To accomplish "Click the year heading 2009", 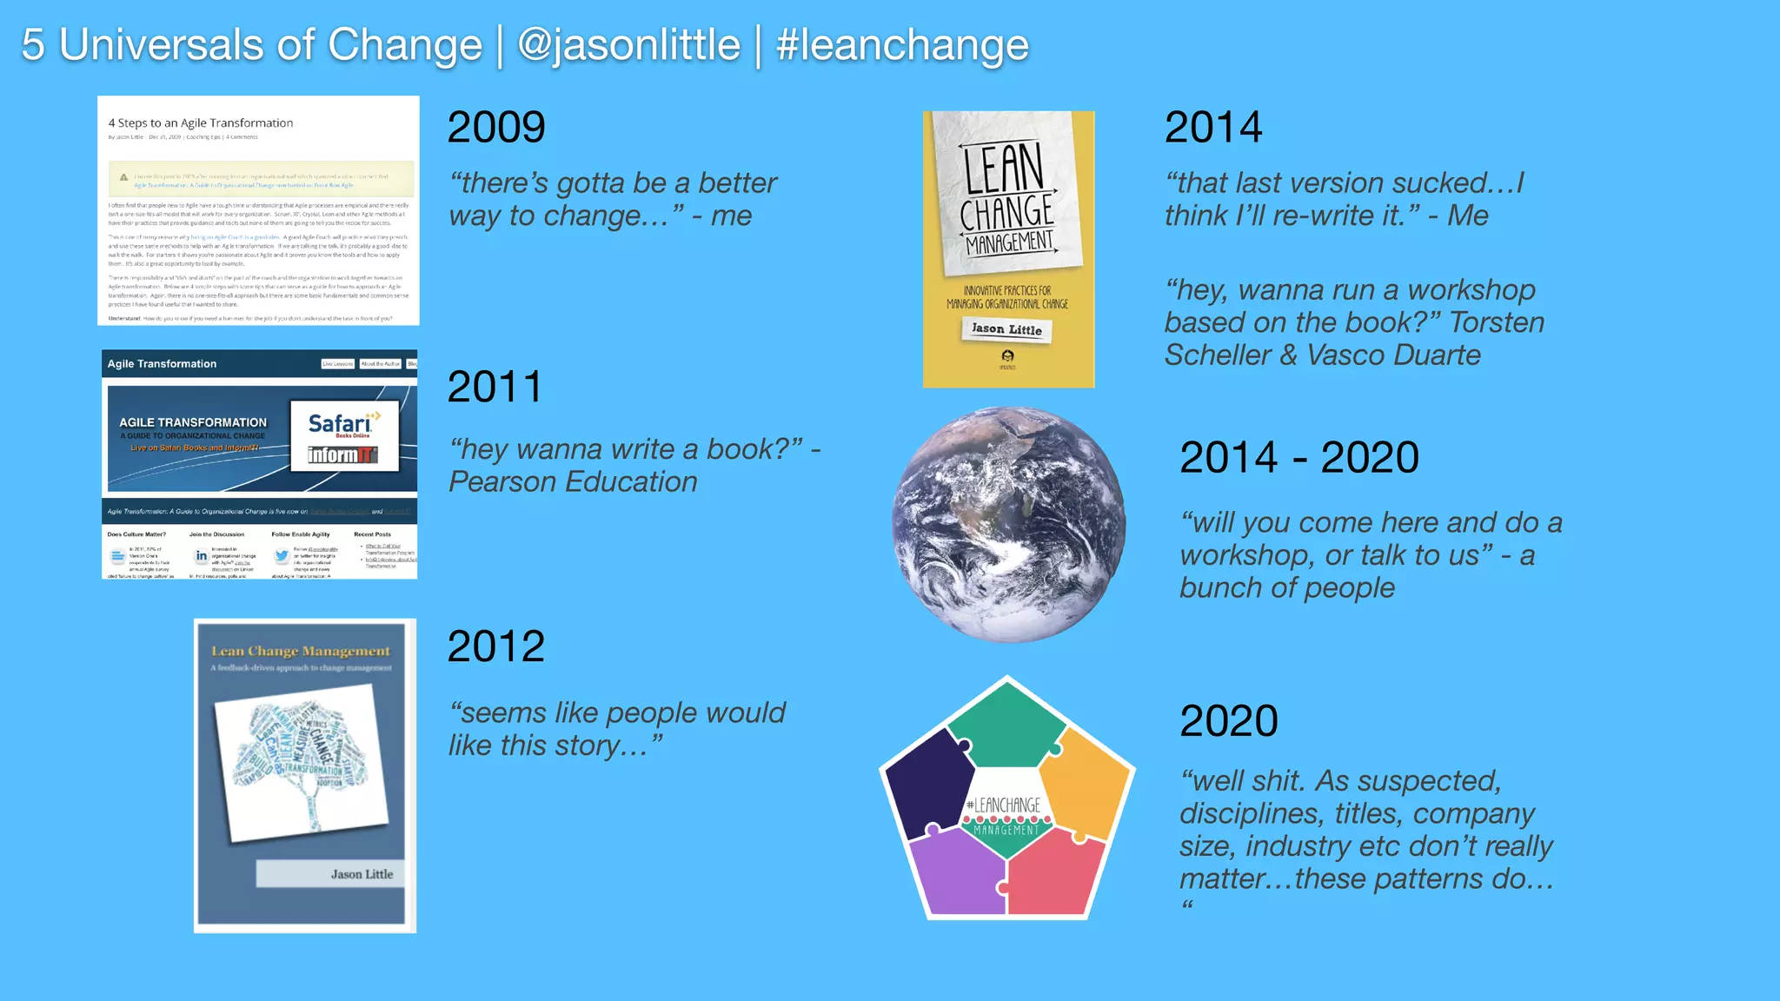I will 496,128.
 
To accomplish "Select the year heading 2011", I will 495,387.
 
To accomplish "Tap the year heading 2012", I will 495,646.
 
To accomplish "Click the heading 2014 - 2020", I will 1298,458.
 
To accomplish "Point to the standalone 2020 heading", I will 1228,721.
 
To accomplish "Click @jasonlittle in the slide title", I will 628,45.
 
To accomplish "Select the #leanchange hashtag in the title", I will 901,45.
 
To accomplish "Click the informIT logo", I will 342,455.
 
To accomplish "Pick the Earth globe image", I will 1008,525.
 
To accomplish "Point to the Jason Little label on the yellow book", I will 1006,329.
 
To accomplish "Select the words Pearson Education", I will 573,482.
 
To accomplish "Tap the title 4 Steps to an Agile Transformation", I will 201,123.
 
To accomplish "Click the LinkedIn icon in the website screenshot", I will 201,556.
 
